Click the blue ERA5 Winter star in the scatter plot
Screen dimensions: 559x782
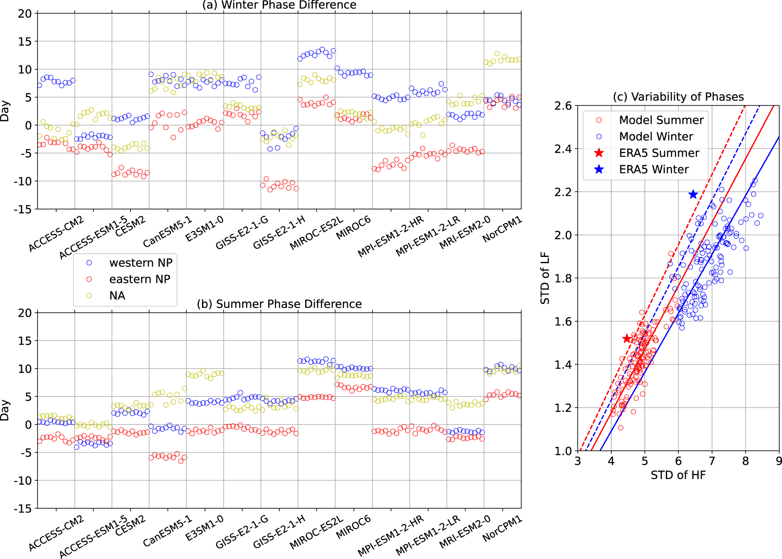[x=693, y=194]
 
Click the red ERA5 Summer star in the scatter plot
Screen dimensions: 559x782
[x=627, y=339]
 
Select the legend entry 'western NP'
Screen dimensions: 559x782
[x=140, y=263]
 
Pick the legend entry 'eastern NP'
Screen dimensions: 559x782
[x=139, y=279]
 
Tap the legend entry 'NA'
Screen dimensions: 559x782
[x=117, y=296]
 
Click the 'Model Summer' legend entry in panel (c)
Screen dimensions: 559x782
[x=661, y=120]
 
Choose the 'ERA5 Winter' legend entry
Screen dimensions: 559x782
[x=654, y=169]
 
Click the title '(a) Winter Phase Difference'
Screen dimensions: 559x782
[x=279, y=5]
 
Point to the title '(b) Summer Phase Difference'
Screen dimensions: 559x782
[x=279, y=304]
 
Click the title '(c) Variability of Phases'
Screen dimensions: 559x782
[x=678, y=97]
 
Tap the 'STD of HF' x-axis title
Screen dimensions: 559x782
[x=678, y=475]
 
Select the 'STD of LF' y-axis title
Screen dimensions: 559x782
[x=545, y=278]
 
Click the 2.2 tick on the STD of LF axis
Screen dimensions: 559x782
[x=563, y=192]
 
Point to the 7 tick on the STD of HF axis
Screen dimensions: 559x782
[x=712, y=461]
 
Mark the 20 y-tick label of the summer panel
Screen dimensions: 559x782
[x=25, y=313]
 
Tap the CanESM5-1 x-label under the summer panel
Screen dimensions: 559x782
[x=168, y=531]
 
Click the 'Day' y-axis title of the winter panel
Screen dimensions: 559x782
[x=5, y=111]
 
